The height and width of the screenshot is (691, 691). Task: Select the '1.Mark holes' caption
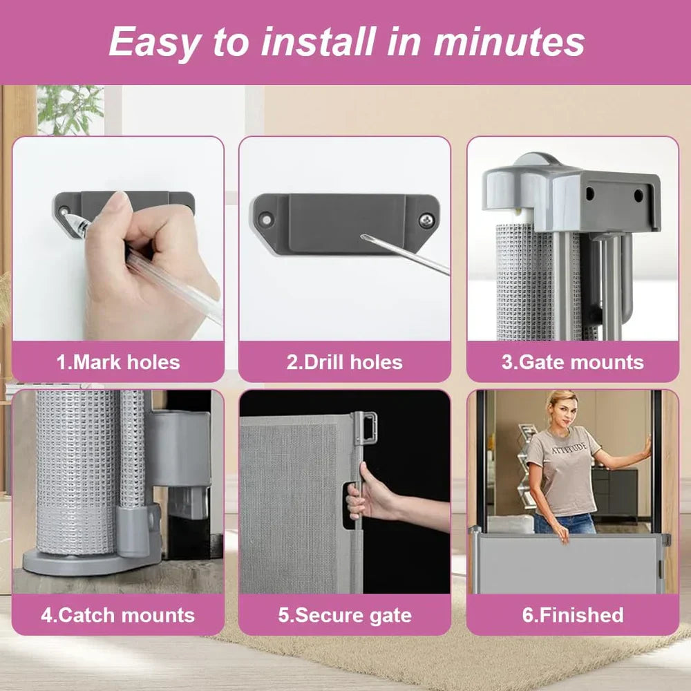click(x=118, y=362)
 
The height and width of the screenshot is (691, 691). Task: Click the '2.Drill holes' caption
click(x=345, y=362)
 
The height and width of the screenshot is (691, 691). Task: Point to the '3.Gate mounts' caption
click(x=572, y=362)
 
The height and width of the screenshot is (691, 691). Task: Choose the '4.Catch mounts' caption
click(x=118, y=615)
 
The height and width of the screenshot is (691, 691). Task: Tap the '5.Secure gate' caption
click(x=345, y=615)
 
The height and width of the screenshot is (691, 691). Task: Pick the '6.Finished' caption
click(x=572, y=615)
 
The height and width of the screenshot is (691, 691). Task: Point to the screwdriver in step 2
click(x=404, y=255)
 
